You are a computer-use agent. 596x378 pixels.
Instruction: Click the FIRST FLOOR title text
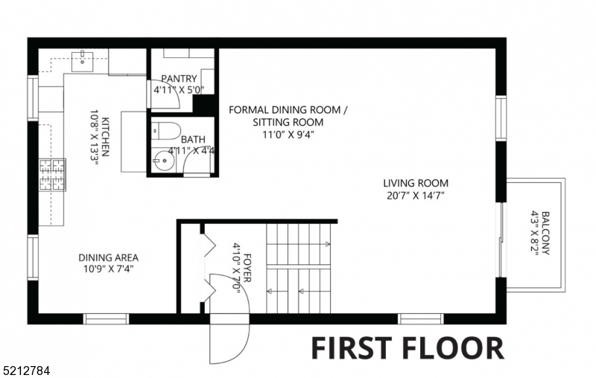[x=406, y=347]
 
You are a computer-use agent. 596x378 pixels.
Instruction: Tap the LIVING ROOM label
[x=416, y=183]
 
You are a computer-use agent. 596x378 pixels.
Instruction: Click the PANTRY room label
[x=179, y=78]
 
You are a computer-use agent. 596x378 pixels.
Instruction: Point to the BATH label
[x=192, y=138]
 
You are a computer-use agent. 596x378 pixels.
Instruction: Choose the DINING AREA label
[x=108, y=257]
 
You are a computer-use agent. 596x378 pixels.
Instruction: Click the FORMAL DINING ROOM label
[x=288, y=110]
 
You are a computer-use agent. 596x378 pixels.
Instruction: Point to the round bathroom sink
[x=162, y=159]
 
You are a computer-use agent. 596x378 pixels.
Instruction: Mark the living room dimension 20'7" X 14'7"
[x=416, y=196]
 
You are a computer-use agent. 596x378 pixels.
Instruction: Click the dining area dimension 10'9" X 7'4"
[x=108, y=269]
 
